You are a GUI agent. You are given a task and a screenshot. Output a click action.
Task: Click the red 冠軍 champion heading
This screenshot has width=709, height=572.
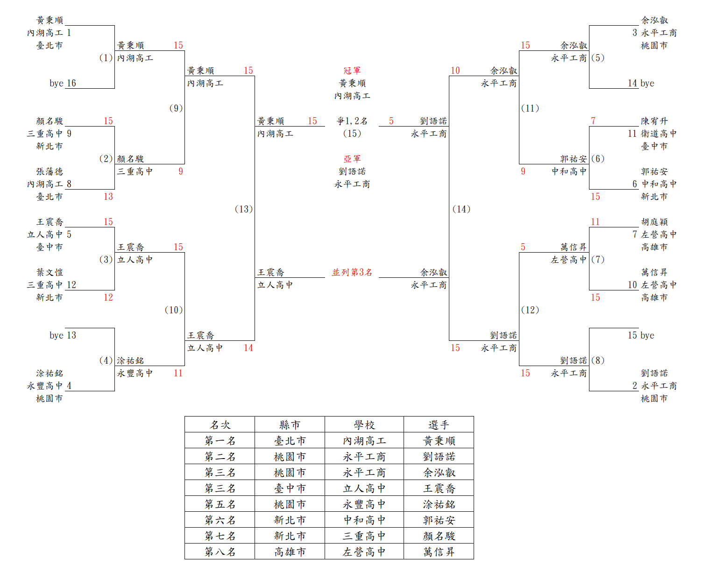(352, 71)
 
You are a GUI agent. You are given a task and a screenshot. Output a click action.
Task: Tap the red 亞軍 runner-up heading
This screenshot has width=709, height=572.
(352, 159)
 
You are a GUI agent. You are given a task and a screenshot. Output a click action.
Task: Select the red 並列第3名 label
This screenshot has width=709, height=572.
(352, 272)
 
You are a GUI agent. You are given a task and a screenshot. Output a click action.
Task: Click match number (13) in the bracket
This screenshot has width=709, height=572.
(244, 209)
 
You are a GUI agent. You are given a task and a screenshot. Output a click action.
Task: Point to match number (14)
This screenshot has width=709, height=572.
(461, 209)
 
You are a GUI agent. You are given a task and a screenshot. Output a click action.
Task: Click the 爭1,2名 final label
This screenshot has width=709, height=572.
(352, 121)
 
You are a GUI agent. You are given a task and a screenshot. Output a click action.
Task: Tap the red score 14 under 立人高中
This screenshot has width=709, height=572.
(248, 348)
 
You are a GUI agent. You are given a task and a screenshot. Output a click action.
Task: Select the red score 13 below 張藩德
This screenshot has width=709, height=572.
(108, 197)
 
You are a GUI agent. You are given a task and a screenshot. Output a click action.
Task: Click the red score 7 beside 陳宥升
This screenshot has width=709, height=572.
(593, 121)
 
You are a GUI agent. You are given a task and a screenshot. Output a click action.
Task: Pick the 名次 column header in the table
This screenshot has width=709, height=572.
(220, 425)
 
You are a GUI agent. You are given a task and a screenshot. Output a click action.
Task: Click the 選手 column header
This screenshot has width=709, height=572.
(439, 425)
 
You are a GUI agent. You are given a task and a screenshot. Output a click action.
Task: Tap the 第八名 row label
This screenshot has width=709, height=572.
(220, 552)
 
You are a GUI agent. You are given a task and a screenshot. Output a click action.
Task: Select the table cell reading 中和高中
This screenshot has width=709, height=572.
(364, 520)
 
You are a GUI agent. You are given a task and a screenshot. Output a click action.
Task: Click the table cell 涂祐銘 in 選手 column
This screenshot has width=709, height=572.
(439, 504)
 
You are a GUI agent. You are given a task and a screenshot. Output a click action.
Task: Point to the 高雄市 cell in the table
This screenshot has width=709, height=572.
(290, 552)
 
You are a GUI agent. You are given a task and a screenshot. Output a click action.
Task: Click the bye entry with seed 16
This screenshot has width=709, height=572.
(63, 83)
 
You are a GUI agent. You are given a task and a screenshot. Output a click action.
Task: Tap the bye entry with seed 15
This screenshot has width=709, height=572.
(641, 335)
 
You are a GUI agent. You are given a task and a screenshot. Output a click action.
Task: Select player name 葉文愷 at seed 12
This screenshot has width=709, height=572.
(50, 272)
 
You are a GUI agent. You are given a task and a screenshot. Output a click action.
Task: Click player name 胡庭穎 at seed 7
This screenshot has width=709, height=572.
(654, 222)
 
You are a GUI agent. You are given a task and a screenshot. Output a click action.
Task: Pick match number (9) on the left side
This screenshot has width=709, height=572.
(176, 108)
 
